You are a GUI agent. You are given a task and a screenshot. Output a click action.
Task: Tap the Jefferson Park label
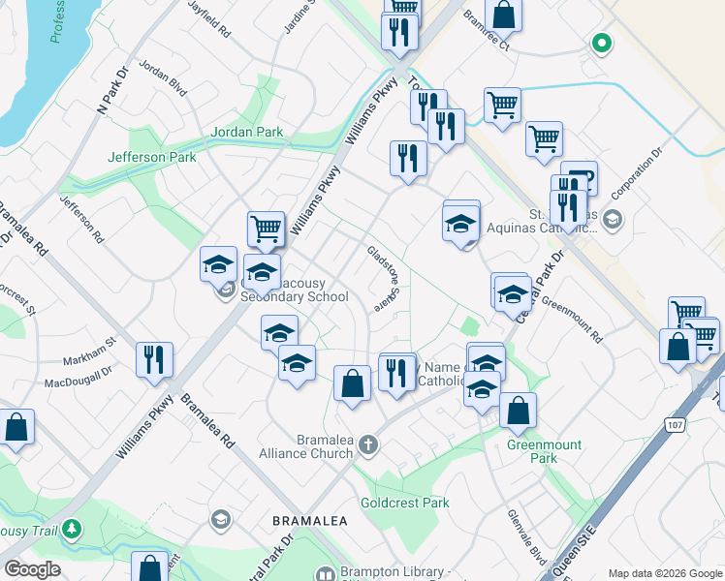coord(152,157)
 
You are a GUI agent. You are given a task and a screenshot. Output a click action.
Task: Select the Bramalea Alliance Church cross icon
coord(367,445)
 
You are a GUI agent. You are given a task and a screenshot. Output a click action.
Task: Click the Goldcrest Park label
coord(405,503)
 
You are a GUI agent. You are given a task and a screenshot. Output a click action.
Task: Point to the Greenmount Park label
coord(545,452)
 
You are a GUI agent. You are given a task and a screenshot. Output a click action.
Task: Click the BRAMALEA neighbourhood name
coord(310,520)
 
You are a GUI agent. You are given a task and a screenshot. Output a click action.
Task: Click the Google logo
coord(32,569)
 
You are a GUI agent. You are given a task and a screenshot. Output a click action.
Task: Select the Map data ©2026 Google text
coord(664,573)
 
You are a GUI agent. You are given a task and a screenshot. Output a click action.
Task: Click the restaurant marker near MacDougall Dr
coord(155,360)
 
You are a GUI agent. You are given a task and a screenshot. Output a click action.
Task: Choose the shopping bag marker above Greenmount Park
coord(519,412)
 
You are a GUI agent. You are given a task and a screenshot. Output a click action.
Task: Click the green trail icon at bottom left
coord(71,530)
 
